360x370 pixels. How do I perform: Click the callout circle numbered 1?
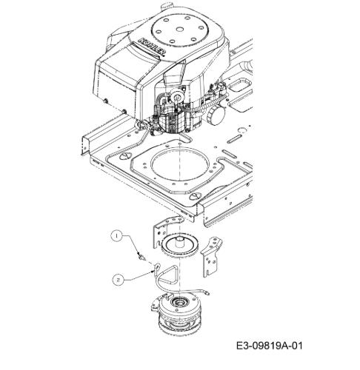(117, 236)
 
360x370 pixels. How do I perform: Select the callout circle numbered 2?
(119, 280)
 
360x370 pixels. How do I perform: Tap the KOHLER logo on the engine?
(152, 47)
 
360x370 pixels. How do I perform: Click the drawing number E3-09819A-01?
(270, 346)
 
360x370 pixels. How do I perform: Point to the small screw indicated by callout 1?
(141, 257)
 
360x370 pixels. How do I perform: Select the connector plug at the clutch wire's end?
(206, 292)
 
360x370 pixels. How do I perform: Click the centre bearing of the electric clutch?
(177, 301)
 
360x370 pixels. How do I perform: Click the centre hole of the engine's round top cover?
(180, 29)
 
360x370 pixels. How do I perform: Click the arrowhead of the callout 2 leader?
(153, 271)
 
